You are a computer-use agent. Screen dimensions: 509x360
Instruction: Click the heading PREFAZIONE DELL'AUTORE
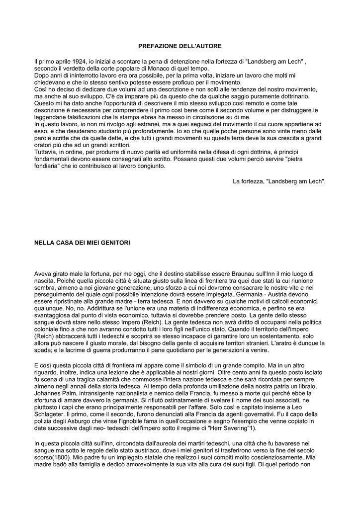coord(180,46)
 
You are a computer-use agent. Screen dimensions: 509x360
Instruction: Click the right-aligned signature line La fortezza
coord(279,181)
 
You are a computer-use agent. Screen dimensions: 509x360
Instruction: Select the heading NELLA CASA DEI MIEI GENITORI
coord(82,243)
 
